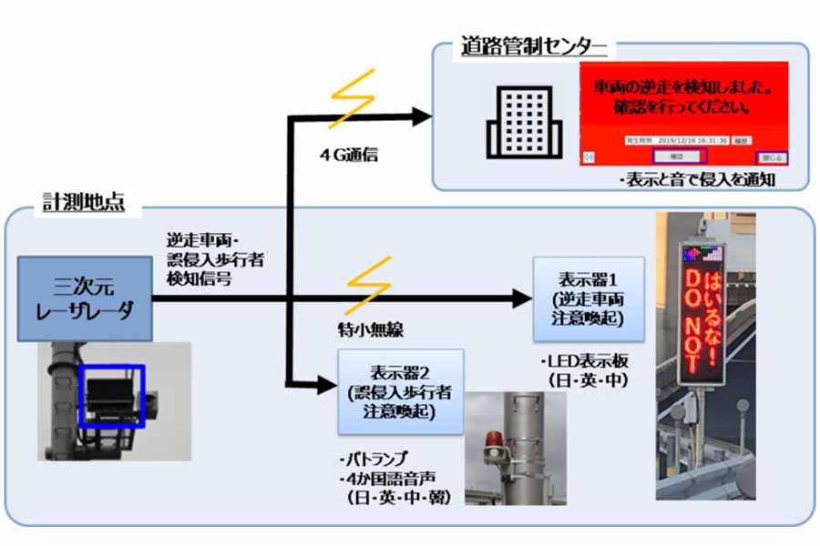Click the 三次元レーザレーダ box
tap(84, 298)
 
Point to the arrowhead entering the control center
tap(420, 116)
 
